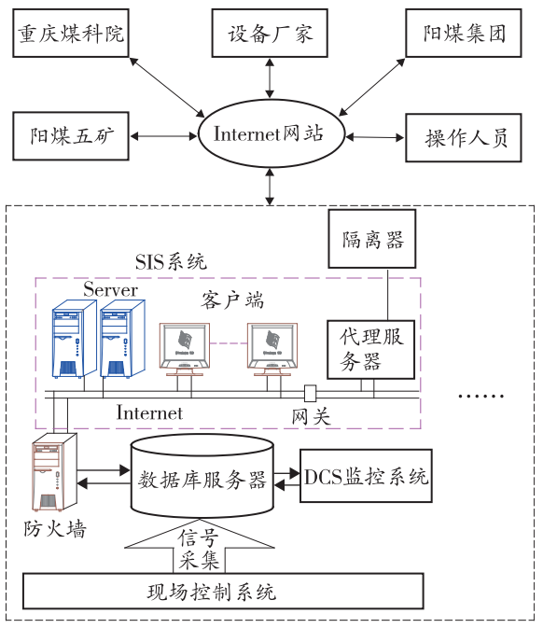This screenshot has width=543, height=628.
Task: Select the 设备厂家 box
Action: pyautogui.click(x=271, y=36)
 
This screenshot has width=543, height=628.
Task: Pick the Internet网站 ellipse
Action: pyautogui.click(x=270, y=134)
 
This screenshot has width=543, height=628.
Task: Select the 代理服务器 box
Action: pyautogui.click(x=370, y=349)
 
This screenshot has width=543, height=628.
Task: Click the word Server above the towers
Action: pyautogui.click(x=110, y=290)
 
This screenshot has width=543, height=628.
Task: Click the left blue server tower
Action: pyautogui.click(x=73, y=338)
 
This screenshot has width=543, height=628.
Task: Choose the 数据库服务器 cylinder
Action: pyautogui.click(x=202, y=478)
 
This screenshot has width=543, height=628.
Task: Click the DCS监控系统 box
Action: pyautogui.click(x=366, y=478)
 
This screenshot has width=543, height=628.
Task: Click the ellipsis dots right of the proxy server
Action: pyautogui.click(x=480, y=396)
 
